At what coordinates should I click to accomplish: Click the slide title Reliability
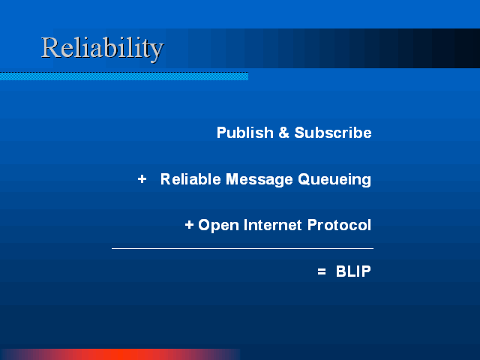tap(102, 48)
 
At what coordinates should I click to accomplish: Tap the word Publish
tap(245, 133)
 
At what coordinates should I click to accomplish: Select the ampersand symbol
tap(284, 133)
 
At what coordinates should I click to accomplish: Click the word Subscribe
tap(333, 133)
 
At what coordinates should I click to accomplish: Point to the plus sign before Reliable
tap(142, 178)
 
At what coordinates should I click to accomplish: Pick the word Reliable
tap(190, 179)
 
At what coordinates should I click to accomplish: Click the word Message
tap(259, 179)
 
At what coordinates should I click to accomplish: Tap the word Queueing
tap(334, 180)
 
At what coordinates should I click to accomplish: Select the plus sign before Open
tap(189, 225)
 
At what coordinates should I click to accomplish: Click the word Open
tap(218, 225)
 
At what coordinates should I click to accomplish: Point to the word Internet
tap(273, 225)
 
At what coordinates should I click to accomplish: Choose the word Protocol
tap(339, 225)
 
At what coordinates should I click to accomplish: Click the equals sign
tap(322, 271)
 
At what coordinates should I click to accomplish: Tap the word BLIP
tap(353, 271)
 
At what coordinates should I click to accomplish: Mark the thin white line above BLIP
tap(242, 248)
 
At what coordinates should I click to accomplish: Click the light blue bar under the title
tap(124, 76)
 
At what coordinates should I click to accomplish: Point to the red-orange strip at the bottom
tap(120, 355)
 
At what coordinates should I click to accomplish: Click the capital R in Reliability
tap(50, 47)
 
